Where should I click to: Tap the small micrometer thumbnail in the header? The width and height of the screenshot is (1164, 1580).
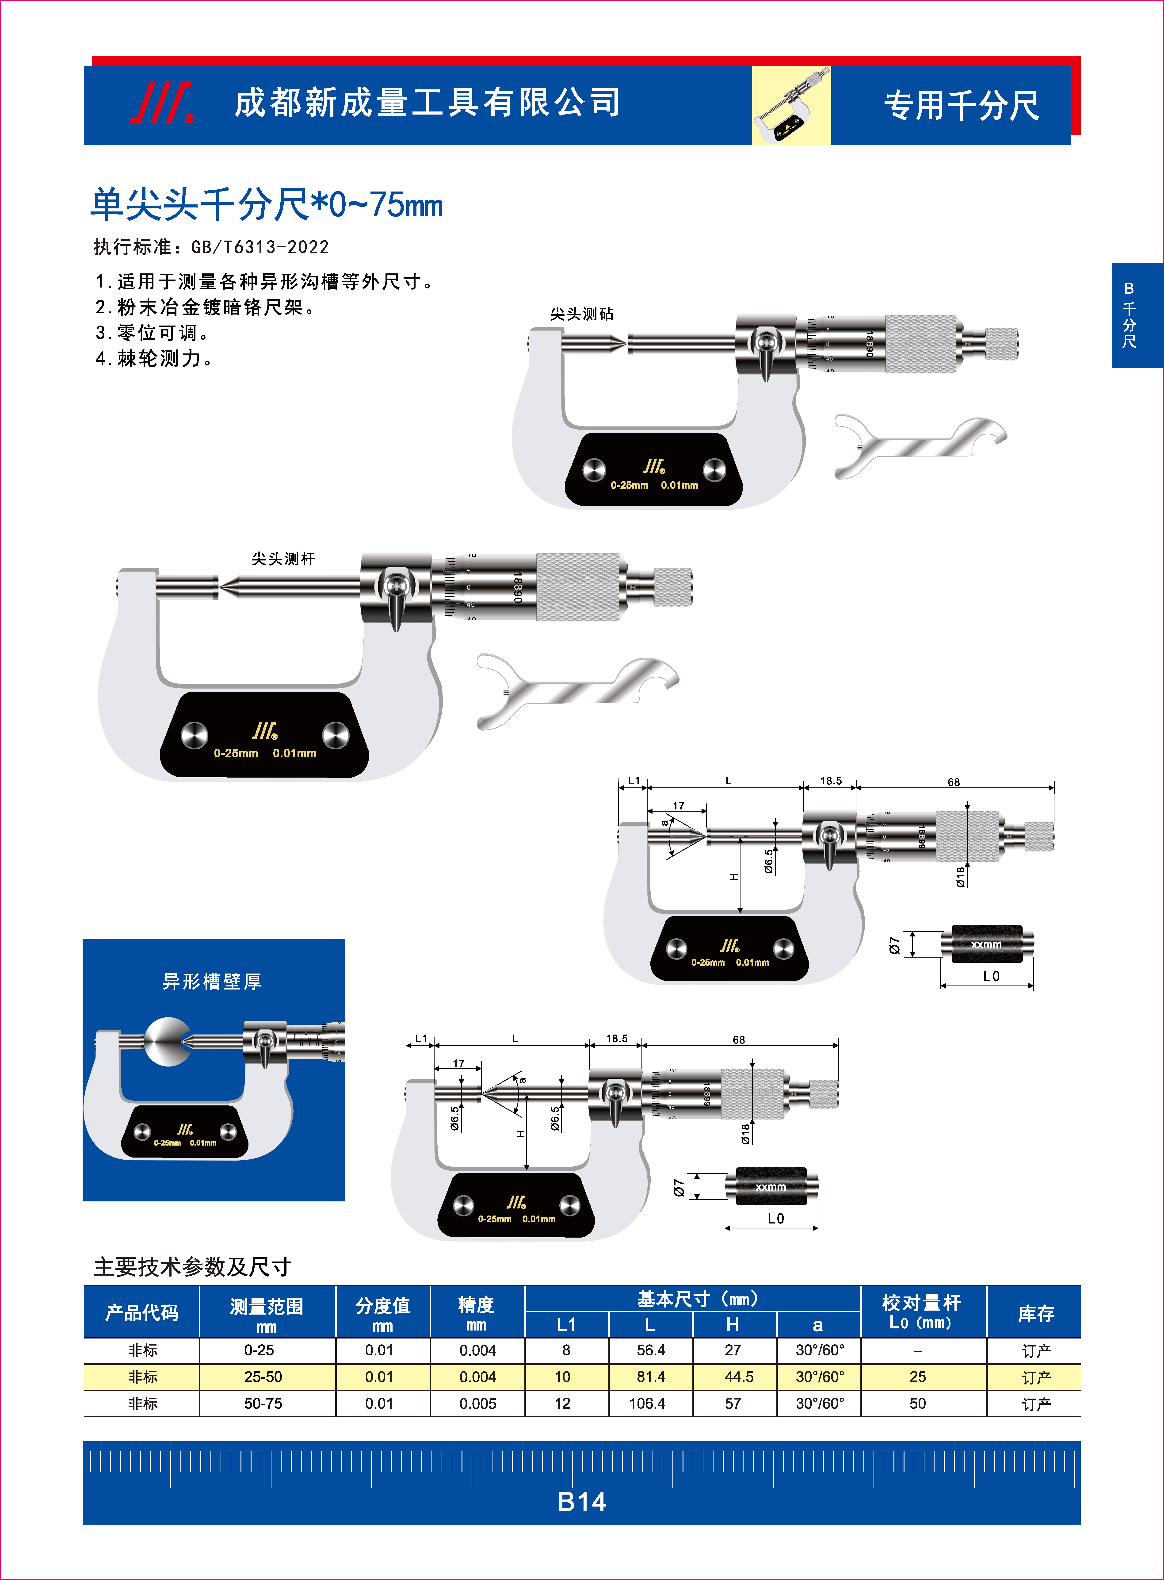click(x=791, y=106)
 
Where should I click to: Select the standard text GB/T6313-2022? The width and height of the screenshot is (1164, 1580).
click(x=260, y=247)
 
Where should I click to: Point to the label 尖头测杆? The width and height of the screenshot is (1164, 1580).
click(x=283, y=559)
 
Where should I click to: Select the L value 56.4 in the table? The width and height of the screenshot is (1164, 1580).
click(x=650, y=1350)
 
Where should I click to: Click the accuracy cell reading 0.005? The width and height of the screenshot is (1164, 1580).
click(x=478, y=1404)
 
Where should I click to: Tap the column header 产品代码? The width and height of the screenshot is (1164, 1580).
click(x=142, y=1312)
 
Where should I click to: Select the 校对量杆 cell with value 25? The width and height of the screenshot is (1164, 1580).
click(x=917, y=1377)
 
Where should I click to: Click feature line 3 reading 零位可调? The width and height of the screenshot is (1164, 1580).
click(x=152, y=333)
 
